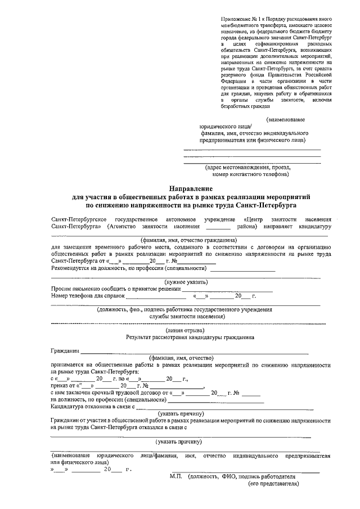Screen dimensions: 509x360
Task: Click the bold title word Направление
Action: coord(186,188)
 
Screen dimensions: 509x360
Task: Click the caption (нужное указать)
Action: coord(186,281)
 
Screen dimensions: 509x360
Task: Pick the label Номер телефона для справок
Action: coord(87,295)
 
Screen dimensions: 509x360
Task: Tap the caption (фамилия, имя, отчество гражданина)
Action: coord(186,240)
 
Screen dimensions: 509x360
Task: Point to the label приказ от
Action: coord(62,386)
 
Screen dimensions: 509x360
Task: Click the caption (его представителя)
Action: coord(273,483)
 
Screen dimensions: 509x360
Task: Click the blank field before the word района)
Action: coord(218,227)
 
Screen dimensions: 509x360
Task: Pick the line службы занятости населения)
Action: coord(186,317)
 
